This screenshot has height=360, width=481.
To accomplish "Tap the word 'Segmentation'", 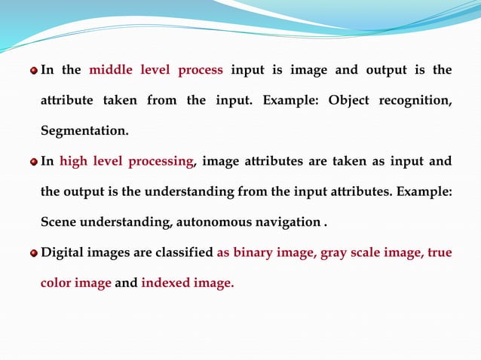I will (x=84, y=132).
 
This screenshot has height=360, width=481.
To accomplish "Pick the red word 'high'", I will (x=72, y=161).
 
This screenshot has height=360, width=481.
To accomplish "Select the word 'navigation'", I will (x=286, y=222).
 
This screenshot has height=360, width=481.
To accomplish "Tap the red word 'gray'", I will (x=333, y=253).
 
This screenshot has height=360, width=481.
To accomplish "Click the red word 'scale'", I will (x=369, y=253).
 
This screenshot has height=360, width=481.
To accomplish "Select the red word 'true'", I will (x=439, y=253).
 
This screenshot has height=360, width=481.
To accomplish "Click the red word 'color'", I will (x=57, y=284).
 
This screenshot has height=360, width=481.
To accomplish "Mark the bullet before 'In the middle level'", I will (x=32, y=72).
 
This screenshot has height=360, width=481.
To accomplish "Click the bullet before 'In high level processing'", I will (x=32, y=162).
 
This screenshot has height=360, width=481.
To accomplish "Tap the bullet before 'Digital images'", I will (x=32, y=254).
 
